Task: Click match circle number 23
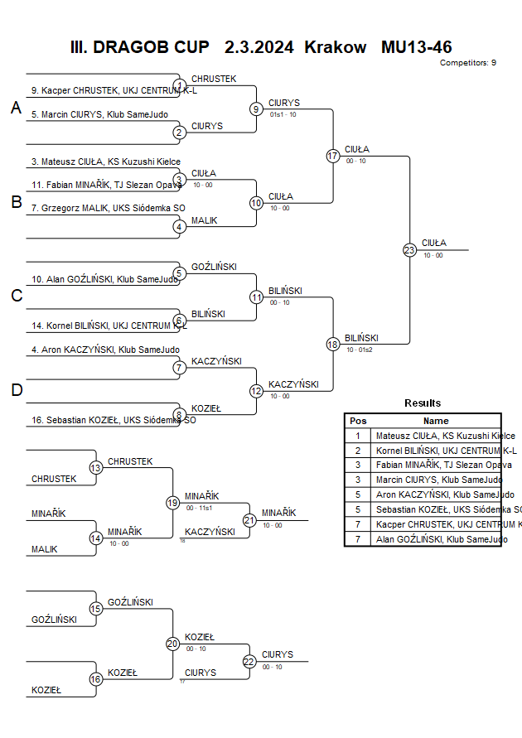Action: (x=409, y=249)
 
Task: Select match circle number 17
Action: (x=333, y=156)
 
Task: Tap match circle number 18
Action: (x=333, y=344)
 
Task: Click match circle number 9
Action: (x=257, y=109)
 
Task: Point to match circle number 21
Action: (x=249, y=520)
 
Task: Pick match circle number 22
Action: (x=249, y=661)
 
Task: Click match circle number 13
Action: (x=96, y=468)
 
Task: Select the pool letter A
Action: (x=16, y=108)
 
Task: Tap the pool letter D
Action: (x=16, y=390)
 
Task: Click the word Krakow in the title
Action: (x=336, y=47)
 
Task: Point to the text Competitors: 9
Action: (x=468, y=63)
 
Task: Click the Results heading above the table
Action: (x=423, y=403)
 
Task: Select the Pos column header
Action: (x=358, y=421)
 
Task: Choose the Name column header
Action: (x=436, y=421)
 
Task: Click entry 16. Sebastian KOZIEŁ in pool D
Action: (x=113, y=420)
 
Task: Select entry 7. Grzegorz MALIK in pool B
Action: (x=108, y=208)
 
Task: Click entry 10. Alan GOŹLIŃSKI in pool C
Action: (x=104, y=279)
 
